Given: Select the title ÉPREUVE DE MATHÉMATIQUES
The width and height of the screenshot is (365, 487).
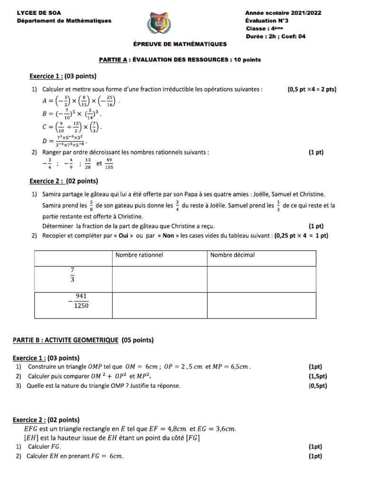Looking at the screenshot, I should pyautogui.click(x=180, y=44).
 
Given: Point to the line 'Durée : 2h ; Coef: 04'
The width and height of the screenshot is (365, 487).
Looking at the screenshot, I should pyautogui.click(x=275, y=36).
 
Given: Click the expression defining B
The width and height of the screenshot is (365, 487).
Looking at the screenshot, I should pyautogui.click(x=71, y=115).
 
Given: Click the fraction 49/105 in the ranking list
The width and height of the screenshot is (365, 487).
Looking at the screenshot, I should pyautogui.click(x=109, y=164).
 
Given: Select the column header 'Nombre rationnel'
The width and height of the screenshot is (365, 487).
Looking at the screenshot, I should pyautogui.click(x=139, y=255).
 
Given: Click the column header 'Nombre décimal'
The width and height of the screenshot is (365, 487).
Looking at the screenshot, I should pyautogui.click(x=232, y=255).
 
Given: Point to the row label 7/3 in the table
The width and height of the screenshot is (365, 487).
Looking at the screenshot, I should pyautogui.click(x=73, y=275).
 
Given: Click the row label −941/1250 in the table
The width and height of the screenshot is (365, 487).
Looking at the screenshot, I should pyautogui.click(x=78, y=301).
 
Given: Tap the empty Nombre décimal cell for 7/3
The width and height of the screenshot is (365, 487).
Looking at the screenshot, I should pyautogui.click(x=261, y=279).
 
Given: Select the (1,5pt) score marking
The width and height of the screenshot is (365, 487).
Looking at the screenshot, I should pyautogui.click(x=317, y=376).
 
